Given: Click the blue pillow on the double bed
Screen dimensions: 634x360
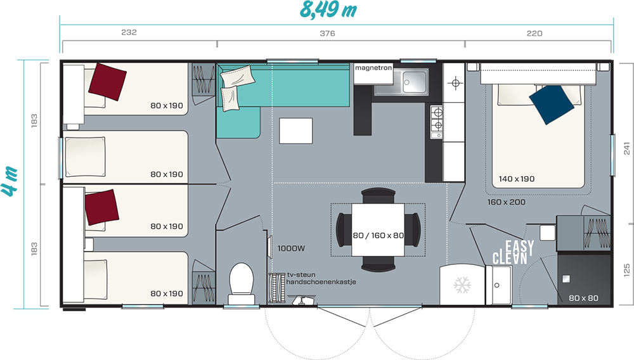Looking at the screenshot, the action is (552, 104).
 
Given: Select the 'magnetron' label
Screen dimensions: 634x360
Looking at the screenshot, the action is (373, 68).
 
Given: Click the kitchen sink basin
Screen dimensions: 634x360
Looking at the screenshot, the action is (414, 82).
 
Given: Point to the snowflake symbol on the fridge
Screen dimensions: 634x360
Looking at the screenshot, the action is (462, 285).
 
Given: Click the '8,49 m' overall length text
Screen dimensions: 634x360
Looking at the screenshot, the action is (328, 10).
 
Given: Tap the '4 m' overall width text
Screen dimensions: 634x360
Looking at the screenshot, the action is (10, 181).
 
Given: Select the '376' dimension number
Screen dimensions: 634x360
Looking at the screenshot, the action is (328, 34).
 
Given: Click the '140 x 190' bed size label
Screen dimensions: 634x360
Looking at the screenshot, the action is (516, 179).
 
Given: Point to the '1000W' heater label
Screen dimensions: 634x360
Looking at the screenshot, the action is (291, 248).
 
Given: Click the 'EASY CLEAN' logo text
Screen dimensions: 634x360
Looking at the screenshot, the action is (513, 252).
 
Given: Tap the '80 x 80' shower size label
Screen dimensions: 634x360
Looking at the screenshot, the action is (583, 298).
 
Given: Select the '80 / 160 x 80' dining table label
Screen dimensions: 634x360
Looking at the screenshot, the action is (378, 236).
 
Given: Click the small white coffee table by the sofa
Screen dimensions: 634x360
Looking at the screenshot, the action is (295, 131).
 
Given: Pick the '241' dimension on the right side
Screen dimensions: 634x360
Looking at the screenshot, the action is (626, 148).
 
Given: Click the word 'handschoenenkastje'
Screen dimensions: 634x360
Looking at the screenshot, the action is (321, 282).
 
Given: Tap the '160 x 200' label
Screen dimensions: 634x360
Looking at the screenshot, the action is (506, 202).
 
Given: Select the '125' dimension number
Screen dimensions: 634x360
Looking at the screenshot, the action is (626, 270).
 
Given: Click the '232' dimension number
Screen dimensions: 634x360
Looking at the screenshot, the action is (129, 32).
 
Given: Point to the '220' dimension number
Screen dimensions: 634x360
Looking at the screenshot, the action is (534, 34).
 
